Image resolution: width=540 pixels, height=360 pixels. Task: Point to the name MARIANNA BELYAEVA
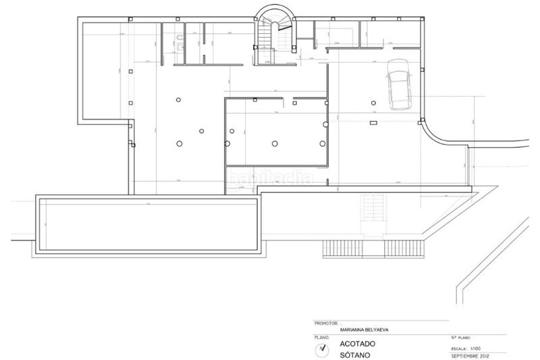[x=365, y=330]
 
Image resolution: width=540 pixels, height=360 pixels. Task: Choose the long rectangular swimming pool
[x=149, y=226]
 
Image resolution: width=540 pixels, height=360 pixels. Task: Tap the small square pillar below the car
[x=373, y=123]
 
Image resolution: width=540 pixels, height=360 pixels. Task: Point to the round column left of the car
[x=371, y=103]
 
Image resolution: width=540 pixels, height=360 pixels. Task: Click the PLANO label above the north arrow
[x=321, y=336]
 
